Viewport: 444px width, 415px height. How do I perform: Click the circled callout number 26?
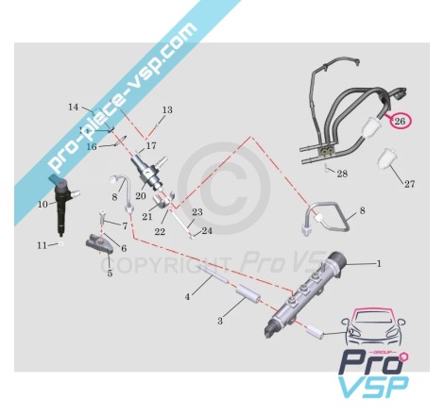(x=400, y=121)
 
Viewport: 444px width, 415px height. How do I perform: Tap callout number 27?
(x=409, y=184)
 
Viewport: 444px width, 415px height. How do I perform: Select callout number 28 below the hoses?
(x=342, y=174)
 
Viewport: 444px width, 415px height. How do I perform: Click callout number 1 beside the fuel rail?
(x=379, y=263)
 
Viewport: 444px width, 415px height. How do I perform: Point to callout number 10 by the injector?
(x=43, y=205)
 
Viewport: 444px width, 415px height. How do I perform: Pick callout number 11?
(x=42, y=245)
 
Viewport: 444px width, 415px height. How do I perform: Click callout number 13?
(x=167, y=110)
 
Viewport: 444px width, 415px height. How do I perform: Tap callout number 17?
(x=151, y=146)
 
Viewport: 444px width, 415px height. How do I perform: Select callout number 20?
(x=141, y=196)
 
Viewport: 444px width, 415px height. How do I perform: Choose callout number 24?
(x=207, y=231)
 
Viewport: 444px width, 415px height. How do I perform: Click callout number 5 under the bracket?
(x=110, y=273)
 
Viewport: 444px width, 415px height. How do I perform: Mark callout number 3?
(x=220, y=321)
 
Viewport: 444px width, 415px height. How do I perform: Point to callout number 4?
(x=188, y=296)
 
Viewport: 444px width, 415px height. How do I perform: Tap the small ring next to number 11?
(x=60, y=244)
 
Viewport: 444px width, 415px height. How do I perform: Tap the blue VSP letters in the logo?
(x=374, y=387)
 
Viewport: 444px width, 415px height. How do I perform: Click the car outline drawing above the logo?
(x=373, y=327)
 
